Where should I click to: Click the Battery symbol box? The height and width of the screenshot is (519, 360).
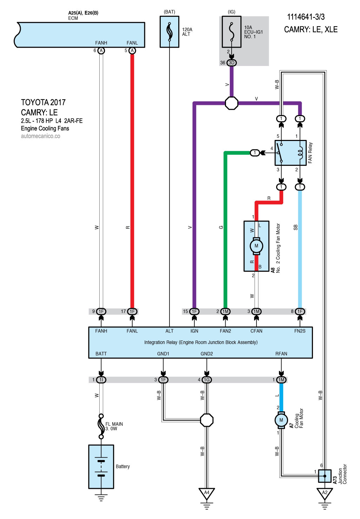tap(101, 466)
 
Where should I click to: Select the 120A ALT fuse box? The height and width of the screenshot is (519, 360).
tap(169, 32)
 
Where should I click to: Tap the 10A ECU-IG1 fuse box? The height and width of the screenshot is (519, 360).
tap(231, 32)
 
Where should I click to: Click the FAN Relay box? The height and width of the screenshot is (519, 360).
tap(291, 153)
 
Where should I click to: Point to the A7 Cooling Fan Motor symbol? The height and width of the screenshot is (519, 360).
tap(281, 420)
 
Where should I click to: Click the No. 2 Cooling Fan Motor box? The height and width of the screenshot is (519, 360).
tap(256, 246)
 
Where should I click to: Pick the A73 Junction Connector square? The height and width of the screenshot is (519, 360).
tap(325, 476)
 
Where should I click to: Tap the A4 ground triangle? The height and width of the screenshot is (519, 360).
tap(207, 493)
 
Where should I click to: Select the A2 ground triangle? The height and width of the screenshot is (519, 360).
tap(325, 493)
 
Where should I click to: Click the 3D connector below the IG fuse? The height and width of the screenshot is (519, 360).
tap(231, 63)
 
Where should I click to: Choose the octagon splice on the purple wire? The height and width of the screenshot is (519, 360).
tap(231, 103)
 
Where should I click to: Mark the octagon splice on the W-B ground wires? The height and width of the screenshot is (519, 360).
tap(207, 420)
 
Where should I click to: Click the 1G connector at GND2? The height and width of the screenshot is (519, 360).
tap(207, 380)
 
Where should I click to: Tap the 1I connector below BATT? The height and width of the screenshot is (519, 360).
tap(101, 380)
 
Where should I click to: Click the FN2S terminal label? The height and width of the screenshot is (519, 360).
tap(300, 331)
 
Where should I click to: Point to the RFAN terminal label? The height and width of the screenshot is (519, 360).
tap(281, 354)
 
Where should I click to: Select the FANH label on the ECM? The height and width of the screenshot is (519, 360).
tap(101, 43)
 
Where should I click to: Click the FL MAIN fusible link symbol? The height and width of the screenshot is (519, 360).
tap(101, 426)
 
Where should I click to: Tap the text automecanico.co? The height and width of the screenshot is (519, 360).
tap(40, 136)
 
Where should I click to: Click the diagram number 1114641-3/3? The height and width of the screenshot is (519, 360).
tap(306, 17)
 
